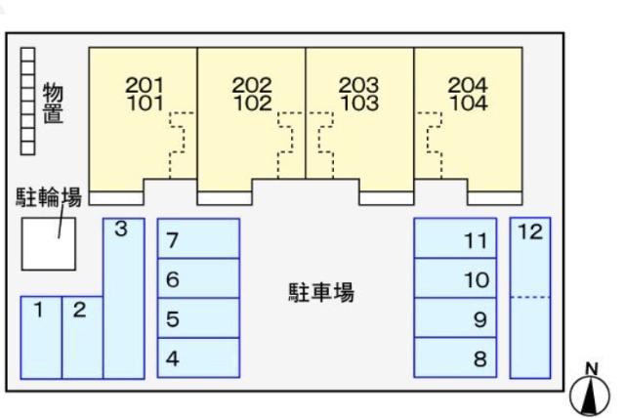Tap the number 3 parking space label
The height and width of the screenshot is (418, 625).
(121, 230)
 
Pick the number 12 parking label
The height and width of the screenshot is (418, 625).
(530, 232)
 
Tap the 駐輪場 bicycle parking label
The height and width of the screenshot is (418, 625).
(47, 200)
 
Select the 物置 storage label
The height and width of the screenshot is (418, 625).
(53, 103)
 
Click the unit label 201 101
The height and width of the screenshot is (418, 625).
(146, 94)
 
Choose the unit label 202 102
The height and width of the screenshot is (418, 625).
(252, 94)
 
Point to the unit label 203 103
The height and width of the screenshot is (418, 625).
(359, 94)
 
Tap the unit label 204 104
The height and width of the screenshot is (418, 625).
(467, 94)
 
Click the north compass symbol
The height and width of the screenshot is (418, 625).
(590, 393)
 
